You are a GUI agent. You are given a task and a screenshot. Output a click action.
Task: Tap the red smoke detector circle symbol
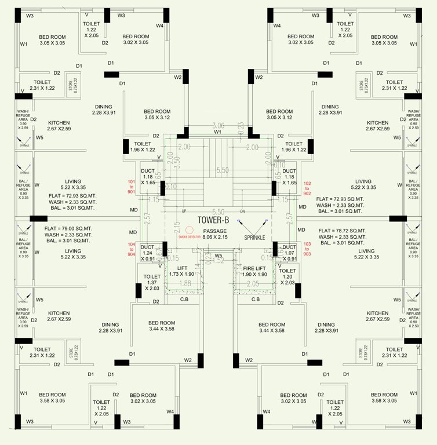click(189, 230)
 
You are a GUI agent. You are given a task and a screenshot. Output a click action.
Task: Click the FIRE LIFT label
click(255, 271)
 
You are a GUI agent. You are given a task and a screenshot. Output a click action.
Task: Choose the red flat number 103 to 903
click(307, 249)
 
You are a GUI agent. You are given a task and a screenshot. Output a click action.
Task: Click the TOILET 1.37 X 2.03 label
click(152, 282)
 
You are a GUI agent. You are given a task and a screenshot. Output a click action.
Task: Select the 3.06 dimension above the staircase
click(218, 125)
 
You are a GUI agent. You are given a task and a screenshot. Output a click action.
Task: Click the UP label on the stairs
click(184, 211)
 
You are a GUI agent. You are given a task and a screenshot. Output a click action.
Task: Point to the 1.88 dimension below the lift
click(185, 283)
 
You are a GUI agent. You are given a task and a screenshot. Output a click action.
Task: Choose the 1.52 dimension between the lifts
click(218, 261)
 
